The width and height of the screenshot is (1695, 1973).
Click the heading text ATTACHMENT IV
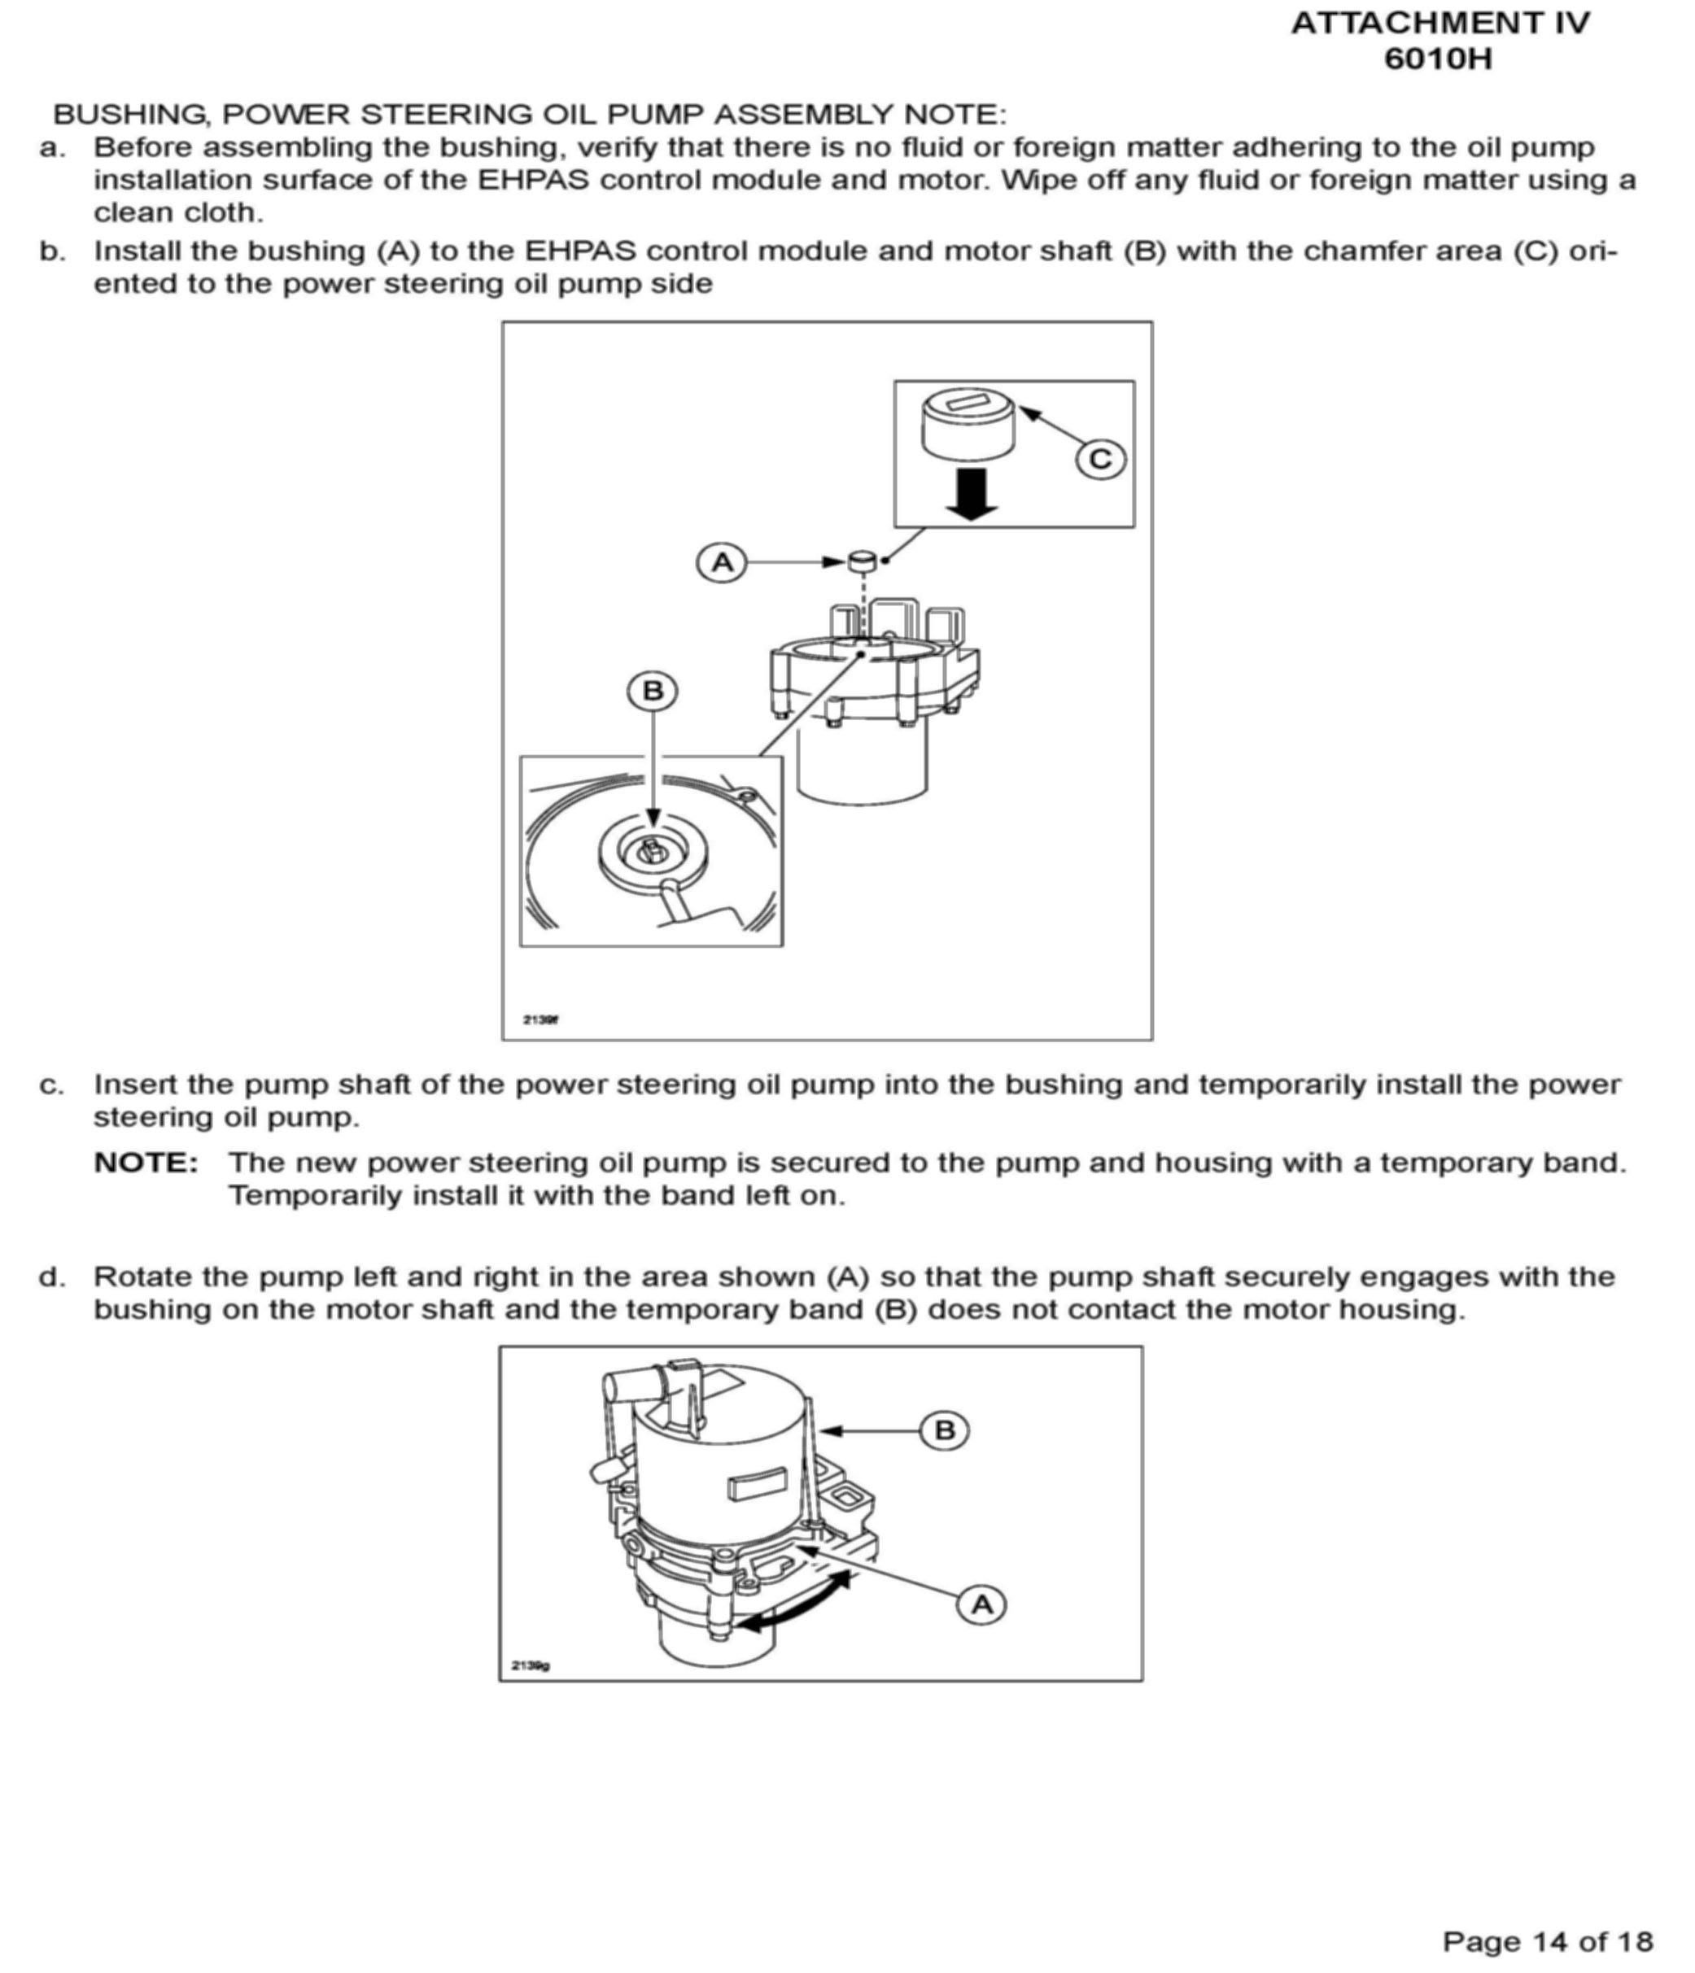(x=1439, y=24)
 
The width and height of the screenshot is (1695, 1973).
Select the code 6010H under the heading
(x=1438, y=59)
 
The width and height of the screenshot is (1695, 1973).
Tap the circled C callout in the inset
(x=1100, y=460)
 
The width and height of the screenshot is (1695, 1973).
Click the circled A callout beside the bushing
(x=722, y=562)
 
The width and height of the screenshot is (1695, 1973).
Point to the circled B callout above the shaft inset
(x=653, y=691)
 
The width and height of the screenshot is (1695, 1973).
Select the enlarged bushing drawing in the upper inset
(x=968, y=425)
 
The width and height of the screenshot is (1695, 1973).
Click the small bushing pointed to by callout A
(x=862, y=561)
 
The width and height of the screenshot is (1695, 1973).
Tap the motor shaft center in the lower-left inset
(x=653, y=848)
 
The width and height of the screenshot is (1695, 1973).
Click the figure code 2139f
(x=540, y=1019)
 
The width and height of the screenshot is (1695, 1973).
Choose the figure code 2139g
(x=531, y=1665)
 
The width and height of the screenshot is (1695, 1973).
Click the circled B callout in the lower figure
(x=945, y=1430)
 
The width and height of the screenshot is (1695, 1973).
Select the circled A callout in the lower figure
(x=981, y=1604)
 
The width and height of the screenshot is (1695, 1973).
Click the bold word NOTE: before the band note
(x=146, y=1163)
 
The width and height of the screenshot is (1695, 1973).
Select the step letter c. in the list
(x=52, y=1085)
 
